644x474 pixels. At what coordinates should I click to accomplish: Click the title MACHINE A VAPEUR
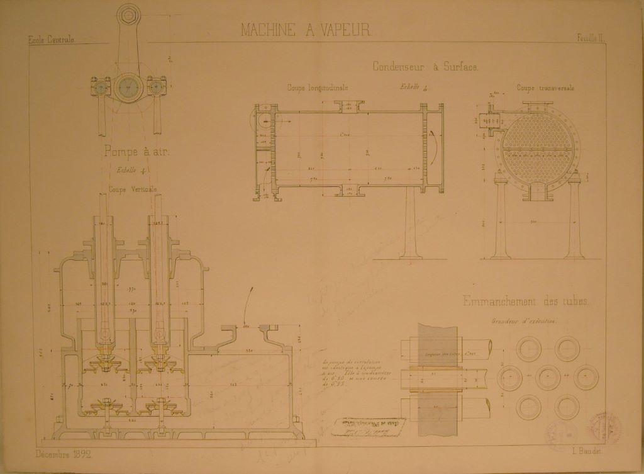[306, 30]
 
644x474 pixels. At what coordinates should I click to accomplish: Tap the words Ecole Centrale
[51, 40]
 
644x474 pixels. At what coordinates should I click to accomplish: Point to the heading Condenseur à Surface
[426, 66]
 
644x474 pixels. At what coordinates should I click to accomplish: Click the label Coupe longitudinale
[318, 88]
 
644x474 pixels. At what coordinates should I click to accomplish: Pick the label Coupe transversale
[545, 88]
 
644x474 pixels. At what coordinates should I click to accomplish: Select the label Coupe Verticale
[132, 189]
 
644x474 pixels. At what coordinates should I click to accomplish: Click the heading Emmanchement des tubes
[526, 302]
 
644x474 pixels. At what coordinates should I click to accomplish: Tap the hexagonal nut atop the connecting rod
[129, 14]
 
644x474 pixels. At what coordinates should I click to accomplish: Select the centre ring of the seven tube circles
[549, 378]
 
